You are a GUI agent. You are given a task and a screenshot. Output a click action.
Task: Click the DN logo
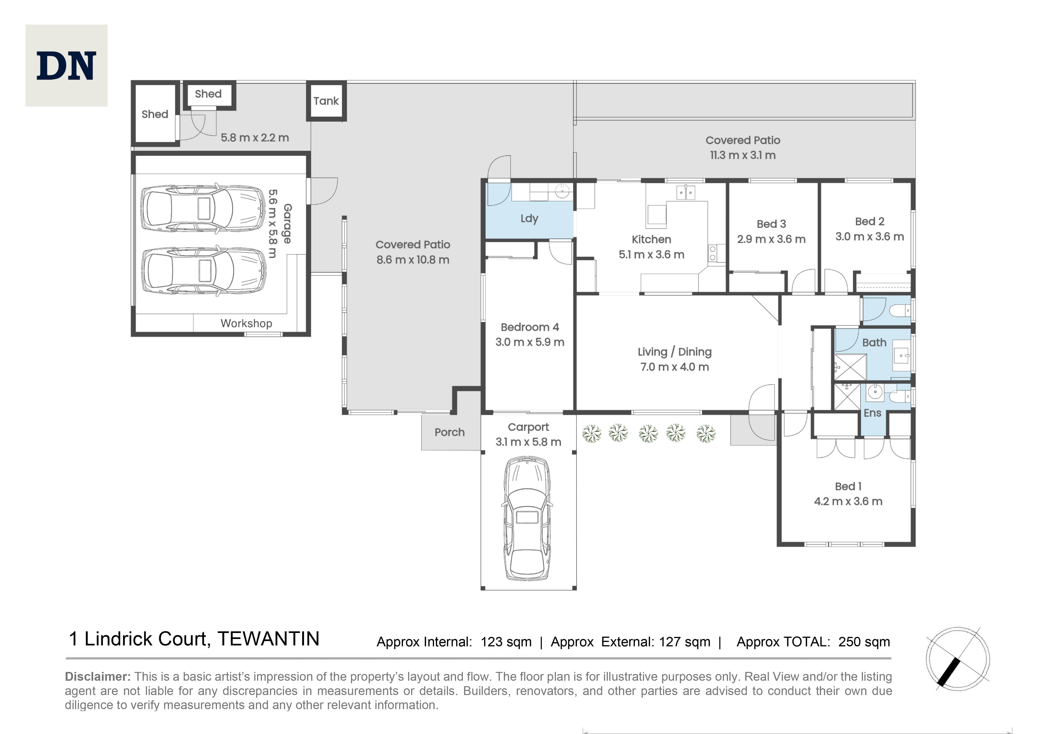coord(66,66)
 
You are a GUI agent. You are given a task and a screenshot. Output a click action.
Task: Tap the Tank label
coord(326,101)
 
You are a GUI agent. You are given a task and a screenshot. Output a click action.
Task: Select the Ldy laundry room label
coord(529,219)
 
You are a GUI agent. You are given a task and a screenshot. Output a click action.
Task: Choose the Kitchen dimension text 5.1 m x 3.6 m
coord(651,254)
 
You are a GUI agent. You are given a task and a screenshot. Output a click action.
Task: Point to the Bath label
coord(874,343)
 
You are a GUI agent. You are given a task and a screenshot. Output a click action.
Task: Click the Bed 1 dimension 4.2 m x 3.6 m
coord(848,501)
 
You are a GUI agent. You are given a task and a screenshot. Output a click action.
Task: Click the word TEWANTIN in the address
coord(268,639)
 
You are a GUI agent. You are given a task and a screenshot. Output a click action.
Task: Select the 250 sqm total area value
coord(864,642)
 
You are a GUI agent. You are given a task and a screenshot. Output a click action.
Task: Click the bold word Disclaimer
coord(98,677)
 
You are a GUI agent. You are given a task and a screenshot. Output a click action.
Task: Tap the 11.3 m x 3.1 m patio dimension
coord(743,155)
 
